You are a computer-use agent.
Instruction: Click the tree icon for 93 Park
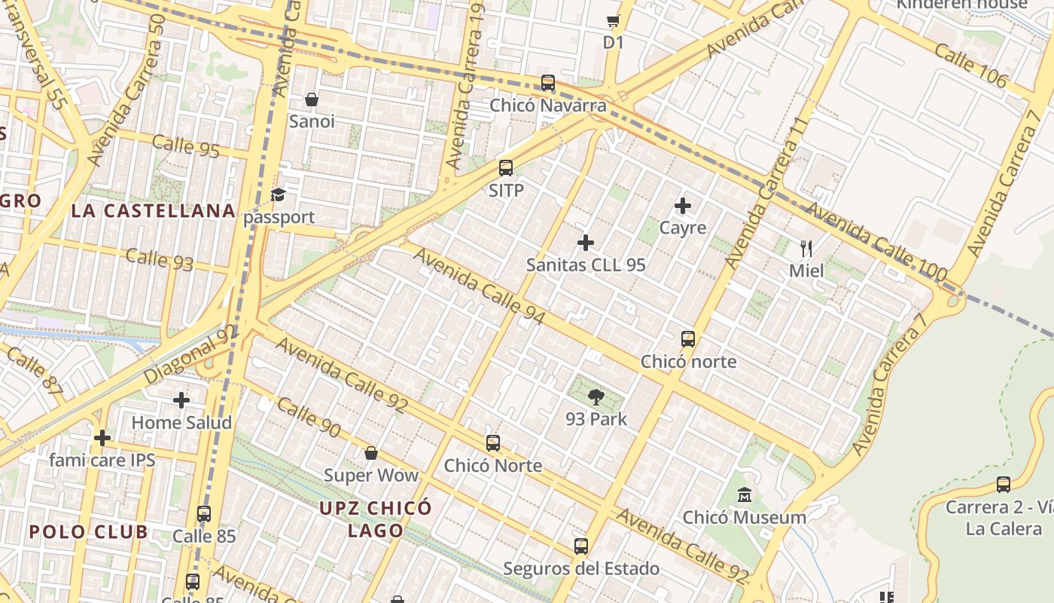tap(596, 396)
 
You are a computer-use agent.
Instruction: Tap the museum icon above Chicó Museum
tap(745, 495)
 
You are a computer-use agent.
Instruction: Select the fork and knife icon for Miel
tap(806, 248)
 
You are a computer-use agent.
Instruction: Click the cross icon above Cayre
tap(683, 205)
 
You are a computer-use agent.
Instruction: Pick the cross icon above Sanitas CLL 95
tap(586, 243)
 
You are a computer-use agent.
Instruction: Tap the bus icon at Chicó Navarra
tap(548, 83)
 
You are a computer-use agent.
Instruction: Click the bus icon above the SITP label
tap(506, 168)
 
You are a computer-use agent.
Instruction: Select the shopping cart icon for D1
tap(614, 21)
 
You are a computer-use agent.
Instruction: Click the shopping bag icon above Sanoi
tap(312, 99)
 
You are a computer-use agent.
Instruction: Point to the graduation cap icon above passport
tap(279, 195)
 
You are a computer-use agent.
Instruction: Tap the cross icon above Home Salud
tap(181, 400)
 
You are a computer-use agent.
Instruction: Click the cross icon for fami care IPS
tap(102, 438)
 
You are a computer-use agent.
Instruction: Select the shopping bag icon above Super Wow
tap(370, 453)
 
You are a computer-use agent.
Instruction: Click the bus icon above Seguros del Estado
tap(581, 546)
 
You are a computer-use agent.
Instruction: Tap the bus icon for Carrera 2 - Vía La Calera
tap(1004, 485)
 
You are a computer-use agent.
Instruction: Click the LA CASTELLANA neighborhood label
tap(154, 211)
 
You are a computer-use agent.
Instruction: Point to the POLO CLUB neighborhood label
tap(89, 531)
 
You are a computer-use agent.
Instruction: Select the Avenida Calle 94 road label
tap(479, 287)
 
